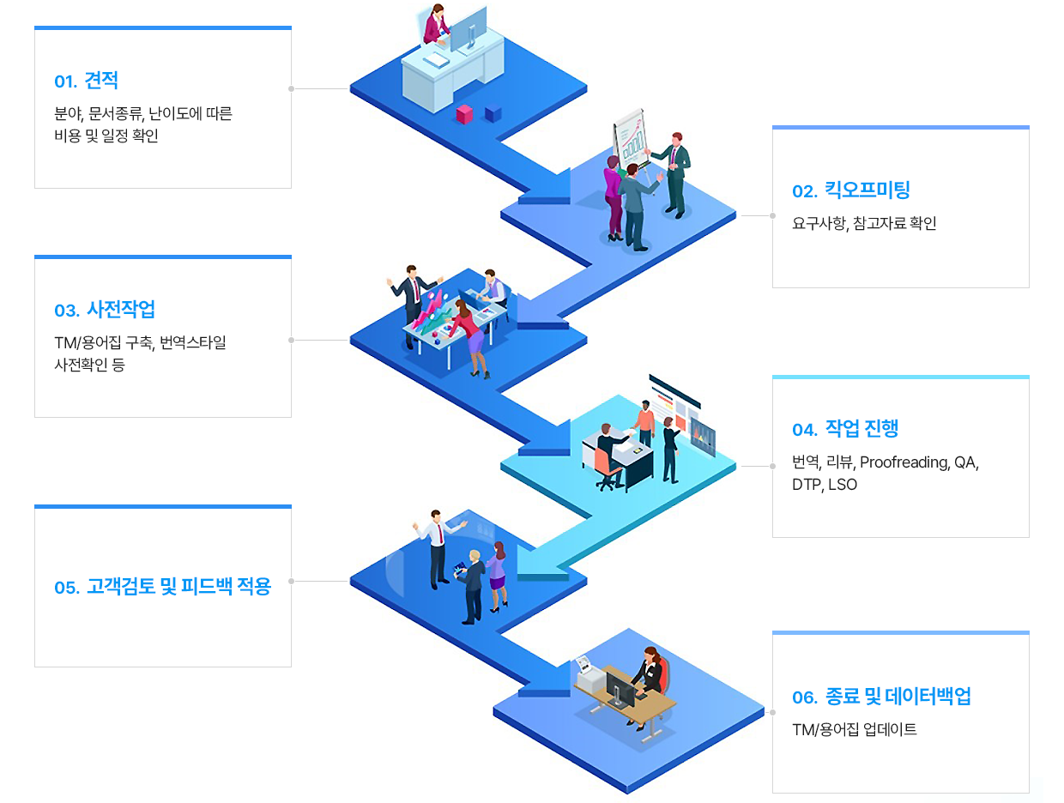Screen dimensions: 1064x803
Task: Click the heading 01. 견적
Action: pos(86,81)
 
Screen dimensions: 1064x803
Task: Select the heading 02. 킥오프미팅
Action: pos(850,190)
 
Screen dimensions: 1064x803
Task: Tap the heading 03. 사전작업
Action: pos(104,310)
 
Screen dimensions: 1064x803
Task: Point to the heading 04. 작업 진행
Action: pos(845,428)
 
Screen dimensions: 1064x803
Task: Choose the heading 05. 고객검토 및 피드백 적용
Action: pos(162,587)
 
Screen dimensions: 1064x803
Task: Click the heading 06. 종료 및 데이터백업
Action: pos(881,697)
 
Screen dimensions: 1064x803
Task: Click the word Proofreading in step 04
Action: pos(904,462)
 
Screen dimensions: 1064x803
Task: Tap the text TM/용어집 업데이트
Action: pos(854,729)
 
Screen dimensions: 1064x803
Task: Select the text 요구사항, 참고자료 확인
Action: pos(864,223)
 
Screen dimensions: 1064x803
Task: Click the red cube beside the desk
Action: pos(464,114)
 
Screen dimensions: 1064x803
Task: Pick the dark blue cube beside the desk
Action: pos(493,113)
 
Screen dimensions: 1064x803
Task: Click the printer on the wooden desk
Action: pos(590,674)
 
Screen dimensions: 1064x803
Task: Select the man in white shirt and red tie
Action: pos(438,549)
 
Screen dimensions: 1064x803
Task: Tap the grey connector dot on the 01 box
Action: pos(292,88)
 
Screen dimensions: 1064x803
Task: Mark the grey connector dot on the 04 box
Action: pos(772,466)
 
